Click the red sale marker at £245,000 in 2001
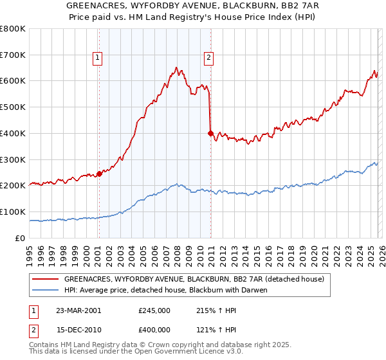pyautogui.click(x=100, y=173)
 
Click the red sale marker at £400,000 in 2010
pyautogui.click(x=211, y=133)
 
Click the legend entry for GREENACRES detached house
pyautogui.click(x=198, y=279)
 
